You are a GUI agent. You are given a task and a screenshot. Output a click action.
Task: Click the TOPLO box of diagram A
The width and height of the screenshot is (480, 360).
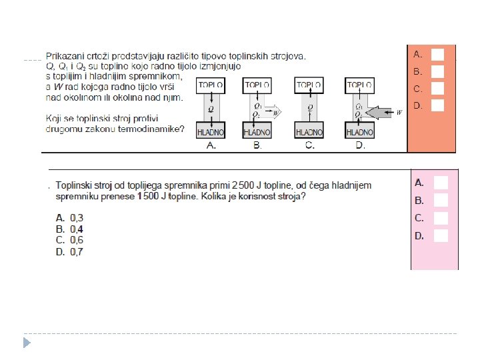click(210, 85)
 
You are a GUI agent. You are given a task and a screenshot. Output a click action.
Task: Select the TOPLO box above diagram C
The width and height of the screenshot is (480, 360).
click(309, 85)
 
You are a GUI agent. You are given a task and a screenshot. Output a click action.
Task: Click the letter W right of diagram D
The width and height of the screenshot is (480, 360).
click(399, 113)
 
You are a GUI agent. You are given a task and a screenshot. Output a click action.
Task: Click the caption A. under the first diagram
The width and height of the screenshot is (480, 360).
click(211, 146)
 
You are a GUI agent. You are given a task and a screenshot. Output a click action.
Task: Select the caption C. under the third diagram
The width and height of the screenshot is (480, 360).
click(309, 146)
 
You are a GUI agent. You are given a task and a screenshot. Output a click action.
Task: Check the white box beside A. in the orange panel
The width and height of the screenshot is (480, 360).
click(438, 54)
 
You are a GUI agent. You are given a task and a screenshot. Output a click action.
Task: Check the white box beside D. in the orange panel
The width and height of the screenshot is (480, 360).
click(438, 105)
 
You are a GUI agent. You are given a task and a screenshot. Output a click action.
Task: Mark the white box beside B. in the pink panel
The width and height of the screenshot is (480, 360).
click(441, 200)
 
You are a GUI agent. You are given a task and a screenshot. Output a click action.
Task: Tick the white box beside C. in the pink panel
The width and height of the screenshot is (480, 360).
click(441, 217)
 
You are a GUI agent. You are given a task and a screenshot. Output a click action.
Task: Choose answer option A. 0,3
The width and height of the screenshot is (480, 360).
click(69, 217)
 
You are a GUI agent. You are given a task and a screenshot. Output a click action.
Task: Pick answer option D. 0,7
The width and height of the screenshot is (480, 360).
click(69, 252)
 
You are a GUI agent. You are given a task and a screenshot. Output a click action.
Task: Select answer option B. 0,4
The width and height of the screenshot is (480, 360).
click(69, 229)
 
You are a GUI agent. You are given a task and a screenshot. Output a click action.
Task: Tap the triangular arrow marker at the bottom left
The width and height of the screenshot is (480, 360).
click(27, 343)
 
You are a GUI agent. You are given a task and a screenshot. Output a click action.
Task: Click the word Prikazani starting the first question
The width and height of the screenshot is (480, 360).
click(66, 56)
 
